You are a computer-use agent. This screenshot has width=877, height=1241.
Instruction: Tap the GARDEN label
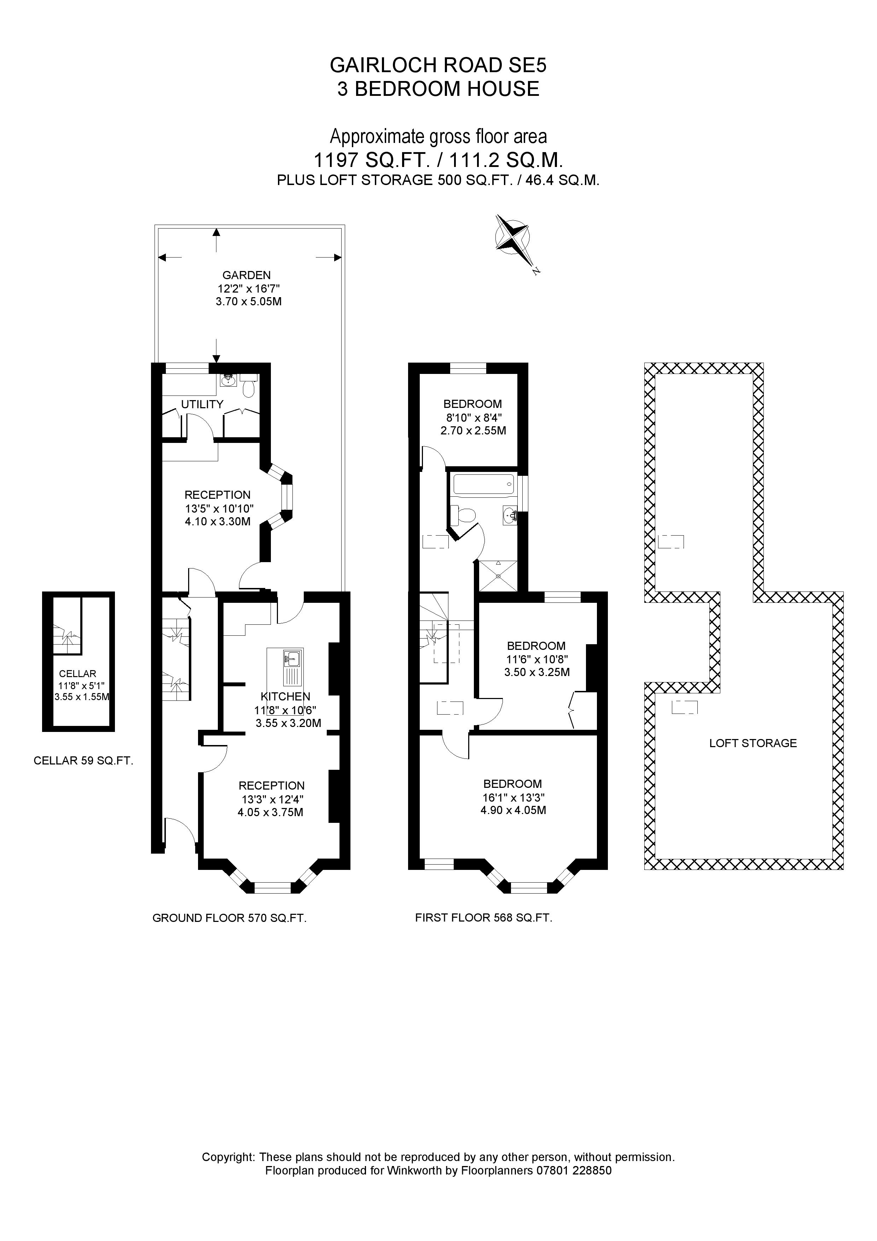[x=246, y=275]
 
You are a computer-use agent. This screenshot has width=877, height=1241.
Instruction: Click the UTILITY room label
[x=202, y=404]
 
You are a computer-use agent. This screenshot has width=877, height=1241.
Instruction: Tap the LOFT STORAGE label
[x=753, y=743]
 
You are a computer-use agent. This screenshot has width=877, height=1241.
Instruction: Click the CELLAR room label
[x=77, y=674]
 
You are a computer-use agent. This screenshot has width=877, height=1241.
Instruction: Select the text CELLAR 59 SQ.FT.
[x=83, y=761]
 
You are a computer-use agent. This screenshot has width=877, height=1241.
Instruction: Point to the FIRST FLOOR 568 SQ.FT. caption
[x=484, y=917]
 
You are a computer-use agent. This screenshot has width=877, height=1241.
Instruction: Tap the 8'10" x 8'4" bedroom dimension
[x=473, y=417]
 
